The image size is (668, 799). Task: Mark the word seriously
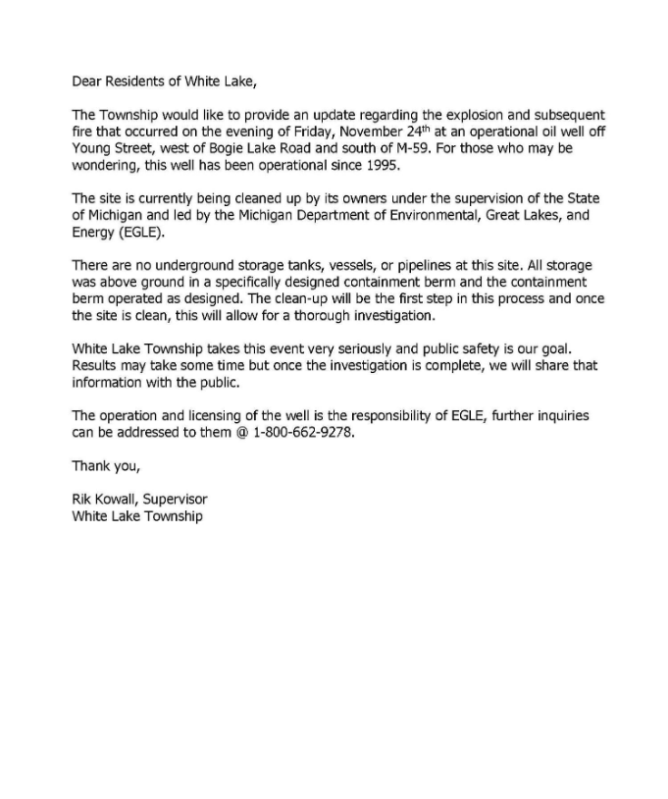[x=344, y=349]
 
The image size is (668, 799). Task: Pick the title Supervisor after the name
[x=176, y=500]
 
